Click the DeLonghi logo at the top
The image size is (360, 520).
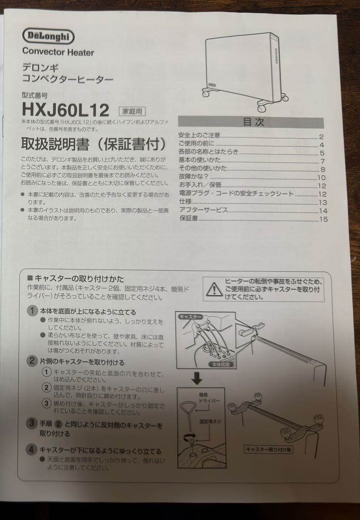[x=49, y=37]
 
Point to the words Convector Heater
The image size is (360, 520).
[x=58, y=52]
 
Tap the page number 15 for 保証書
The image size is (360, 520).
[x=322, y=219]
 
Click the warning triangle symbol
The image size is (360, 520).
[x=212, y=289]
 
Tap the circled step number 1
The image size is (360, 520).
[x=32, y=311]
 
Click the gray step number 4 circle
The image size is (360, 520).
[x=31, y=450]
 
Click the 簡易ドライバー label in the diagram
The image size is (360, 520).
[x=205, y=397]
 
